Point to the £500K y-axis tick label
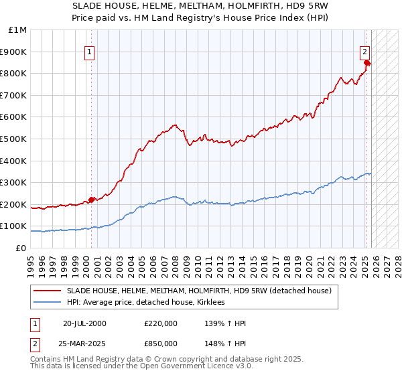(x=15, y=139)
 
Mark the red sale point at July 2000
(x=92, y=200)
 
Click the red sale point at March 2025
(x=366, y=62)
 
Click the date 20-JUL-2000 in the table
(x=84, y=323)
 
